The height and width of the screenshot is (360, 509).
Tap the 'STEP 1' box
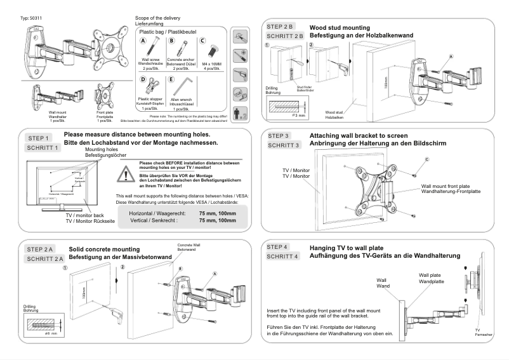click(x=43, y=138)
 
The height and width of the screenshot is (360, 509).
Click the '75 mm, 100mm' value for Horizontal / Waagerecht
click(x=218, y=214)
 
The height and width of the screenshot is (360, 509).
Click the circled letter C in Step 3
click(x=427, y=158)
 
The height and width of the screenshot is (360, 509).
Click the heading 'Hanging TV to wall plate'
click(x=349, y=247)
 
